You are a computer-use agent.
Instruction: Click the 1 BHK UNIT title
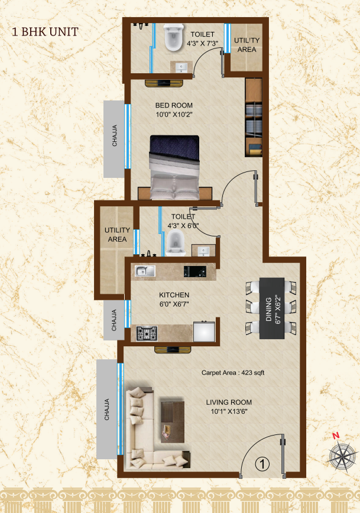coord(45,32)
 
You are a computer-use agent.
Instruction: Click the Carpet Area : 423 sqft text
coord(233,373)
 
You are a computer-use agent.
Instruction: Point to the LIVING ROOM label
coord(229,402)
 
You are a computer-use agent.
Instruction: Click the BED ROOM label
coord(174,105)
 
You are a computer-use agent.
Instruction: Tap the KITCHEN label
coord(174,295)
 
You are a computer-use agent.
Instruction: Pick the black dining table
coord(272,309)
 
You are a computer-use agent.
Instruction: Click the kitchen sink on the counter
coord(145,271)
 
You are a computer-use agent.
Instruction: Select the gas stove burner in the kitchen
coord(147,334)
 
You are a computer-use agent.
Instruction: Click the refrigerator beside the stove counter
coord(204,332)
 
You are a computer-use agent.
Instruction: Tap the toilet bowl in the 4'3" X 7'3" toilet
coord(173,38)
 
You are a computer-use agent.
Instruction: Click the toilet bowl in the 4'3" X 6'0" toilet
coord(175,243)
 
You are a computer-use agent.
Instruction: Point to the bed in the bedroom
coord(174,167)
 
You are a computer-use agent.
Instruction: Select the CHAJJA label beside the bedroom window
coord(115,135)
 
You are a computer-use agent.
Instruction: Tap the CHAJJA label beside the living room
coord(106,410)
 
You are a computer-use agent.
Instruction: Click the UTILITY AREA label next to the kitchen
coord(117,235)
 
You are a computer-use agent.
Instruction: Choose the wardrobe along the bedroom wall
coord(254,117)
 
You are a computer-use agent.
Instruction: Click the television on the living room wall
coord(173,350)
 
